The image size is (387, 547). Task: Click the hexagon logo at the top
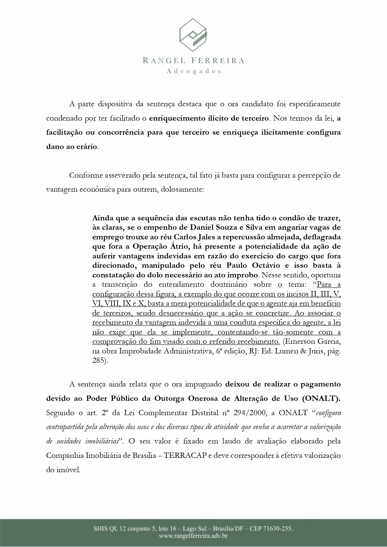tap(193, 34)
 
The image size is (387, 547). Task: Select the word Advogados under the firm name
tap(193, 71)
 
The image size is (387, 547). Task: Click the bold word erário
tap(88, 146)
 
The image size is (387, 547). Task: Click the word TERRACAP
tap(185, 455)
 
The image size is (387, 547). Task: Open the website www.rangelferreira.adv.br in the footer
tap(193, 536)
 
